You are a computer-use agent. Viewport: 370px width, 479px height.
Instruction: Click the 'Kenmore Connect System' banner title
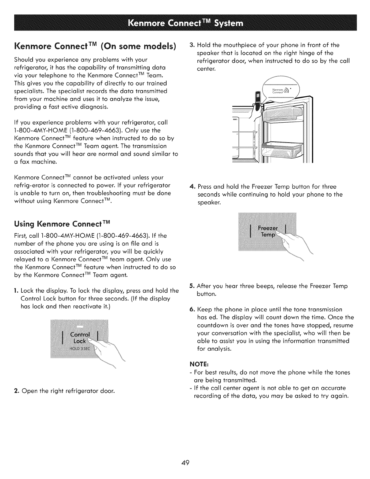pyautogui.click(x=185, y=23)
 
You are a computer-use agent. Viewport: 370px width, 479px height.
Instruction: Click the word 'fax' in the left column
pyautogui.click(x=24, y=162)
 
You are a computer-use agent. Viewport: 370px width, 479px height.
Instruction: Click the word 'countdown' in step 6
pyautogui.click(x=213, y=325)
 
